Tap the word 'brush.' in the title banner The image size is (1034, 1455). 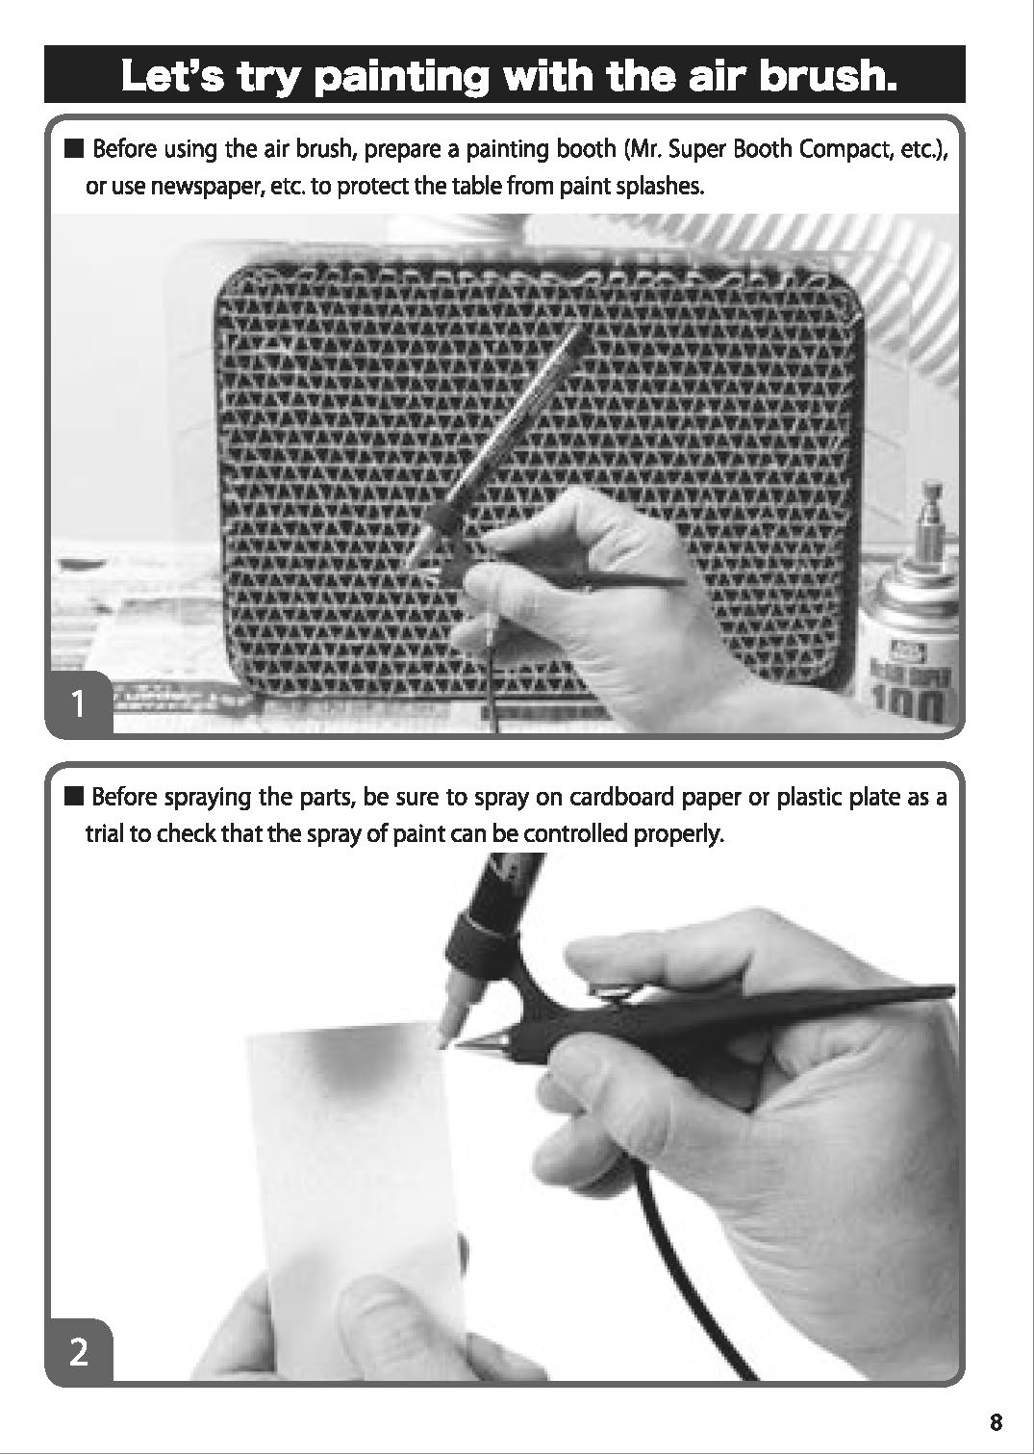click(x=827, y=75)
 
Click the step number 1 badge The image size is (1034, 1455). click(x=79, y=703)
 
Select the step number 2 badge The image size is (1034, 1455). click(x=79, y=1352)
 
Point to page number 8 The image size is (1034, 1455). click(x=996, y=1422)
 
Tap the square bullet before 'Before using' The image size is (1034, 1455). click(x=74, y=150)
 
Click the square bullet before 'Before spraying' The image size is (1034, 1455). click(x=74, y=797)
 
